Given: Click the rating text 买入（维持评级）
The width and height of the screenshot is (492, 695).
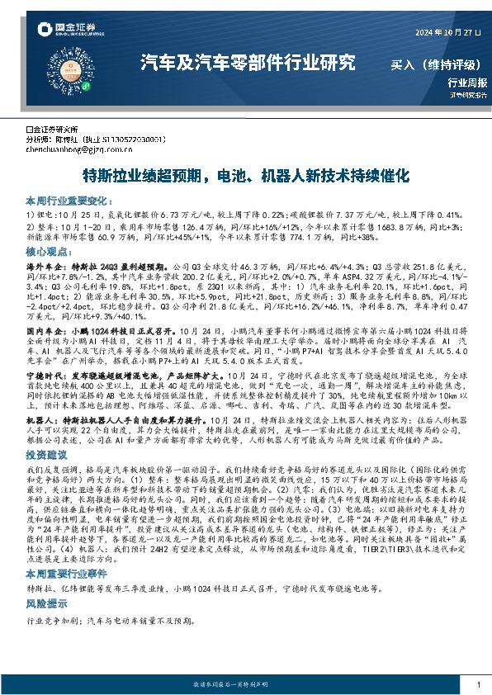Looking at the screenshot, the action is pyautogui.click(x=434, y=63).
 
